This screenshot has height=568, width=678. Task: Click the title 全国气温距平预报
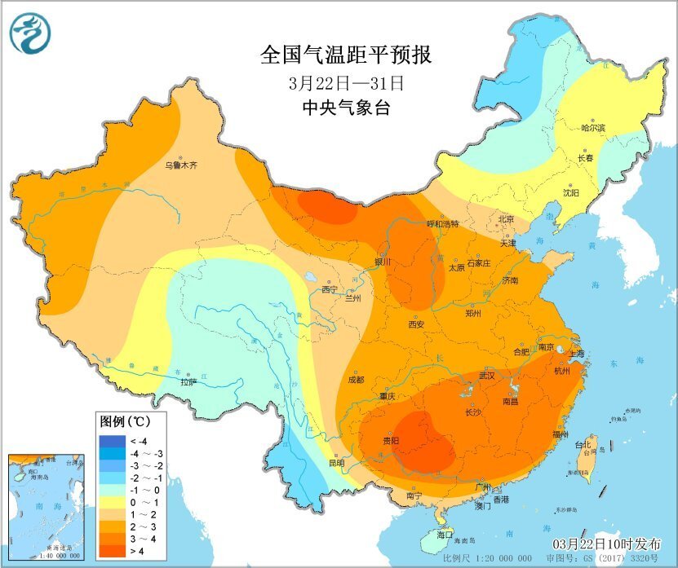point(345,55)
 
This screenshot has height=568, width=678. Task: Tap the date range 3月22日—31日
point(346,83)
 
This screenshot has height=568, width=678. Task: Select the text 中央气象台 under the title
point(346,108)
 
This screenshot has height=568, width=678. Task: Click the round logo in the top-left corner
point(30,34)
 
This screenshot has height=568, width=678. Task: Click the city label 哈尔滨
point(593,128)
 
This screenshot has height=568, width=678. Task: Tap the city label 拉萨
point(188,381)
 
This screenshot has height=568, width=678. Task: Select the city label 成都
point(356,379)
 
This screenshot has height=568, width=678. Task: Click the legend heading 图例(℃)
point(124,423)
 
